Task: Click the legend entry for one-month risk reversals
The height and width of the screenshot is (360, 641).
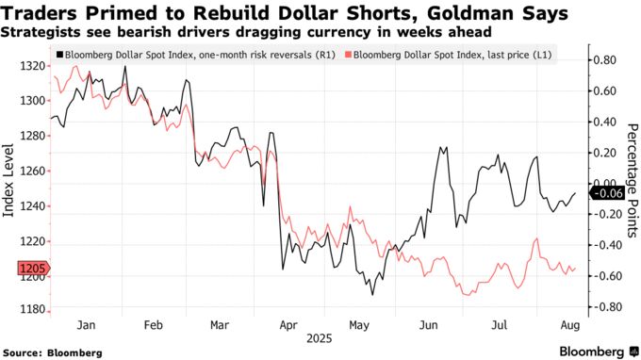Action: pyautogui.click(x=189, y=56)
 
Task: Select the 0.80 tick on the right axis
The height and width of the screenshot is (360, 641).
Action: pyautogui.click(x=604, y=60)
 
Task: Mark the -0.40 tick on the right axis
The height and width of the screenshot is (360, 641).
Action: pyautogui.click(x=604, y=245)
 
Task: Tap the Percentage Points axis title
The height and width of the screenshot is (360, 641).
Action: pyautogui.click(x=631, y=179)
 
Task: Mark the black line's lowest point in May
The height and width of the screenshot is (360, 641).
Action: pyautogui.click(x=372, y=295)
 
